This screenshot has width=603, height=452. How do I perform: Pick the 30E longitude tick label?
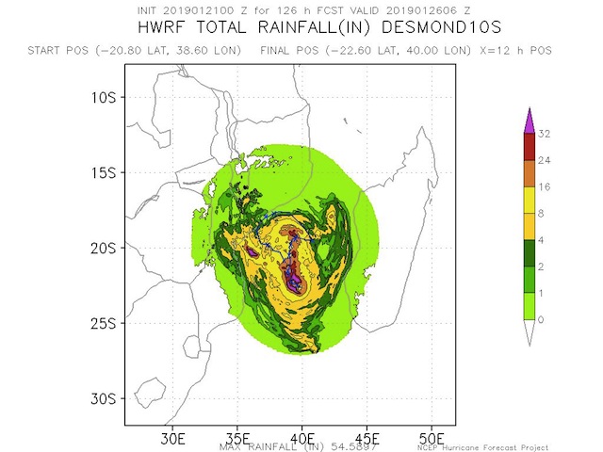coord(172,439)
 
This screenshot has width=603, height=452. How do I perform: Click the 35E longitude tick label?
coord(237,439)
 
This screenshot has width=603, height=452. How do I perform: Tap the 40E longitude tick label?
coord(302,439)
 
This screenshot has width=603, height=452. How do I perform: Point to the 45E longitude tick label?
coord(367,439)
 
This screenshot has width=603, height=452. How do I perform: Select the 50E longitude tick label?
coord(432,439)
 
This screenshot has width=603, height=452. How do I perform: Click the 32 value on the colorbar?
coord(544,134)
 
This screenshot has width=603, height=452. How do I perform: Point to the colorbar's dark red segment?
coord(529,147)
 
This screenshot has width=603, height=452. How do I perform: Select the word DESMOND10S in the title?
coord(416,28)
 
